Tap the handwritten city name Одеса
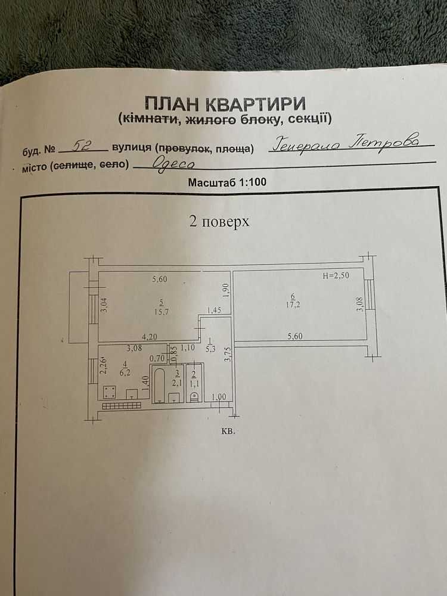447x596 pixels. [173, 164]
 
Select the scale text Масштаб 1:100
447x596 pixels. [227, 182]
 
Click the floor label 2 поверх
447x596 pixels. [219, 221]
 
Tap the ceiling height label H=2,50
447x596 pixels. [336, 275]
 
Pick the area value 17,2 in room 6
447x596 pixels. [293, 305]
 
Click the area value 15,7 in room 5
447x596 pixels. [162, 312]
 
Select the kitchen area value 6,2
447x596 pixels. [125, 373]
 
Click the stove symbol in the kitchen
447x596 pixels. [110, 392]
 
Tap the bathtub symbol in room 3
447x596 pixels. [159, 384]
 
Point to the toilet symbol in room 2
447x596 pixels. [194, 396]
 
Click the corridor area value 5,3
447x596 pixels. [210, 348]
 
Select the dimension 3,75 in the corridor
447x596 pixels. [228, 354]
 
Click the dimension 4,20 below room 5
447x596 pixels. [150, 337]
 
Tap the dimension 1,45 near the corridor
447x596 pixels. [214, 310]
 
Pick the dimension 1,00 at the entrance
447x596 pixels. [219, 397]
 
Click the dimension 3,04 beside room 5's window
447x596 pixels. [104, 305]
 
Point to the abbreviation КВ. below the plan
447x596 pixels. [228, 432]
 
